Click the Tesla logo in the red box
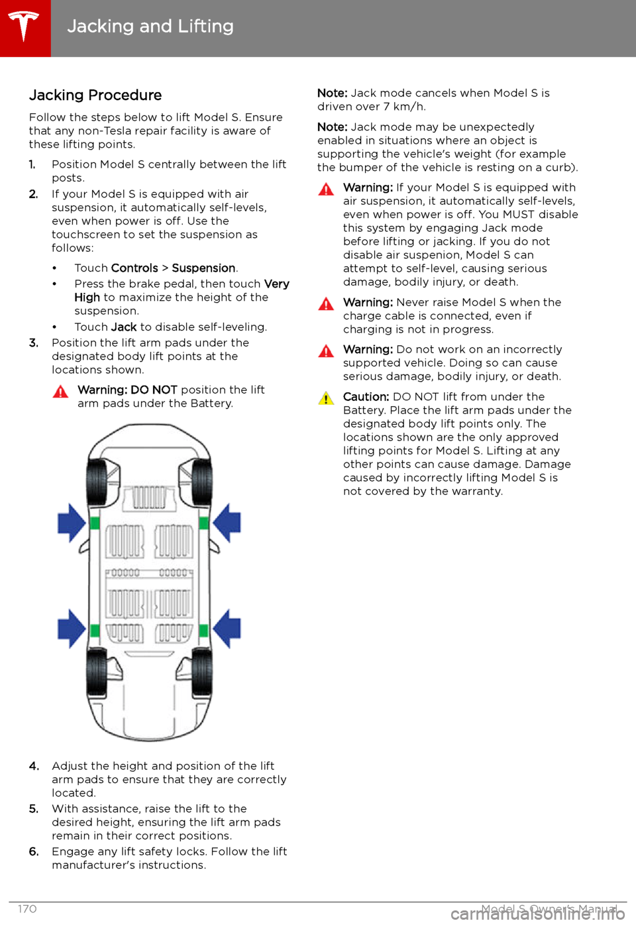[24, 27]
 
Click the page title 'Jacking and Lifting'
[150, 27]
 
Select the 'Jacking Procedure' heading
[95, 95]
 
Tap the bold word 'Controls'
[134, 268]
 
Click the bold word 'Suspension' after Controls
[203, 268]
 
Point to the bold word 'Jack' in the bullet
[124, 327]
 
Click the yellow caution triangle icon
[326, 398]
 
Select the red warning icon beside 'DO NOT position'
[60, 391]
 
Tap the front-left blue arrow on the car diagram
[72, 523]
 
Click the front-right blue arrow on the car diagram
[227, 523]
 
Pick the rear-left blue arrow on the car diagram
[72, 629]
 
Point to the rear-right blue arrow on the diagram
[227, 629]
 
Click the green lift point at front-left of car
[95, 523]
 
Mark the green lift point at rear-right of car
[203, 631]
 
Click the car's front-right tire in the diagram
[202, 482]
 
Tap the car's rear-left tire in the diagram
[96, 673]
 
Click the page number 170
[27, 909]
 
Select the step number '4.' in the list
[34, 766]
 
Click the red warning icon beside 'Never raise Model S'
[326, 303]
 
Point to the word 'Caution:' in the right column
[366, 397]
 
